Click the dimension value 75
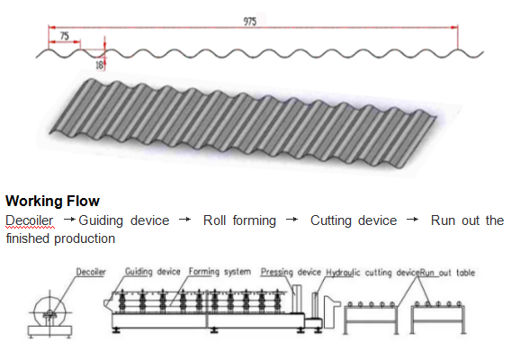64,36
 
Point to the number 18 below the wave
99,66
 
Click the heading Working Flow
52,201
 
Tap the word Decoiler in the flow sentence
30,220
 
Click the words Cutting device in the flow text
354,220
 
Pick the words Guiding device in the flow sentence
123,220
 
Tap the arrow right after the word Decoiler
68,220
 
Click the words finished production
61,238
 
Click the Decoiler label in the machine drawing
91,272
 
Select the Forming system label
219,272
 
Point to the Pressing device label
291,272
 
